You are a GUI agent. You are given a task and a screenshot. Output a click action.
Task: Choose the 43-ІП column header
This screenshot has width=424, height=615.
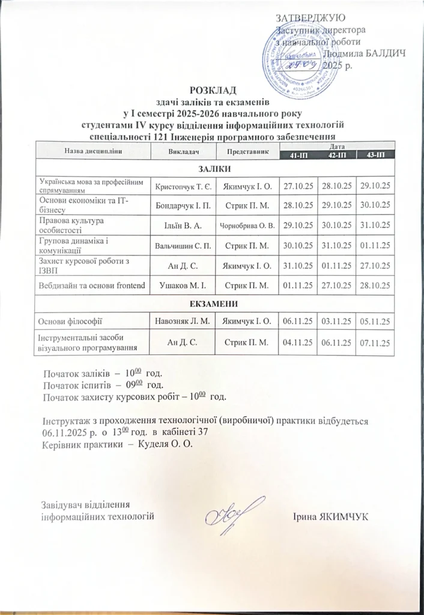click(374, 156)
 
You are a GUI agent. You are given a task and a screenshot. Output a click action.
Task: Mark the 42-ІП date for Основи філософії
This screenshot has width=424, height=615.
click(335, 321)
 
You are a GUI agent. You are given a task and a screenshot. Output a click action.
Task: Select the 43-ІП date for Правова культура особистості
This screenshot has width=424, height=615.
click(374, 226)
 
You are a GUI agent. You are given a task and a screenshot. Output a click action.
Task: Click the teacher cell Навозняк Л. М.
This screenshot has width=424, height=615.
click(183, 321)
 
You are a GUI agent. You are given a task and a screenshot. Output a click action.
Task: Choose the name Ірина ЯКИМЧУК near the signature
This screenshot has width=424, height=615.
click(331, 517)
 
